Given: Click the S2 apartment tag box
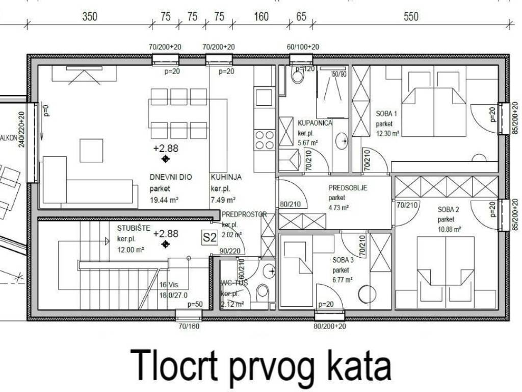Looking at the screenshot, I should pyautogui.click(x=211, y=237).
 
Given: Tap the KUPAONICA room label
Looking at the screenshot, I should pyautogui.click(x=315, y=123).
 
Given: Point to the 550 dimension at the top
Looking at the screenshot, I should pyautogui.click(x=411, y=16).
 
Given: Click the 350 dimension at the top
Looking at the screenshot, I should pyautogui.click(x=90, y=16).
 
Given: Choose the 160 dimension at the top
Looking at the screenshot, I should pyautogui.click(x=261, y=16).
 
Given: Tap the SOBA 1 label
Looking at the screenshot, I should pyautogui.click(x=386, y=114).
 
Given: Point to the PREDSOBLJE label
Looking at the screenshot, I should pyautogui.click(x=348, y=187).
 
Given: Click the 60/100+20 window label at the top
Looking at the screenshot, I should pyautogui.click(x=303, y=47).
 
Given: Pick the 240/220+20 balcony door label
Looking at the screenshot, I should pyautogui.click(x=21, y=129).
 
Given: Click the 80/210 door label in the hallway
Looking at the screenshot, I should pyautogui.click(x=290, y=205).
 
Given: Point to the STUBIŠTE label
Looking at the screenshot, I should pyautogui.click(x=134, y=228).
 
